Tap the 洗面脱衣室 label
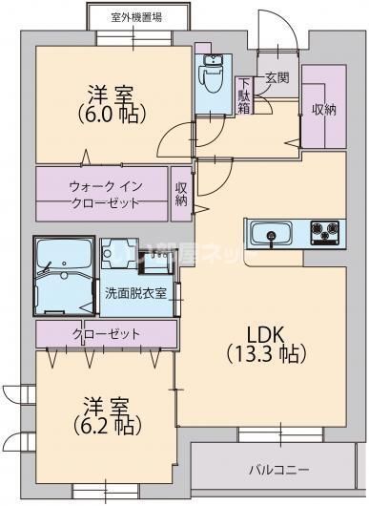point(135,294)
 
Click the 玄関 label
point(277,77)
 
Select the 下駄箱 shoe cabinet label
point(245,95)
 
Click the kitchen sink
point(271,232)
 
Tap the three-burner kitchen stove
point(323,231)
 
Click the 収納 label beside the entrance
point(323,109)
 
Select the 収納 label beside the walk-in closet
point(182,194)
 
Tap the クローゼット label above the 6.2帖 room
point(106,334)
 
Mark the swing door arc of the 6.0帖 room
point(173,143)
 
